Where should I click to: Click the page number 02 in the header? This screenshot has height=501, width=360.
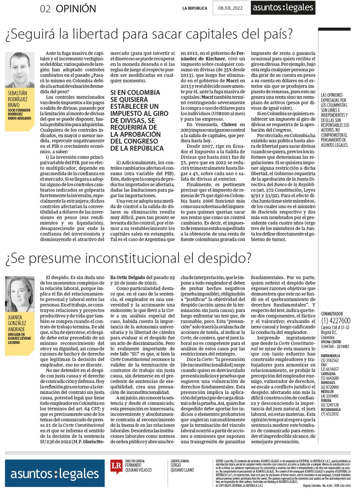[x=45, y=9]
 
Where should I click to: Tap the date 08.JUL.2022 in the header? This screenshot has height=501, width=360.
[x=230, y=8]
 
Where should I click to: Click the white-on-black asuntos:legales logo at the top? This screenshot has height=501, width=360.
[x=283, y=7]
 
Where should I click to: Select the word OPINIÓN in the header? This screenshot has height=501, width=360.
[x=76, y=9]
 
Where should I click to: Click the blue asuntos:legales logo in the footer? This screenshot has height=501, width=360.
[x=55, y=473]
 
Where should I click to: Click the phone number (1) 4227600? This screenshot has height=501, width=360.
[x=335, y=321]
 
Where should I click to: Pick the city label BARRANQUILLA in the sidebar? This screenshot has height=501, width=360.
[x=330, y=356]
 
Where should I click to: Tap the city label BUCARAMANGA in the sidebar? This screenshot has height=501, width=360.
[x=331, y=409]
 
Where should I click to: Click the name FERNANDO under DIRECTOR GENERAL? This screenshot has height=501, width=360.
[x=133, y=465]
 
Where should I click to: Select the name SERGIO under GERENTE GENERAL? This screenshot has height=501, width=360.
[x=176, y=465]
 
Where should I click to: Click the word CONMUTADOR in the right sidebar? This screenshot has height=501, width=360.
[x=332, y=314]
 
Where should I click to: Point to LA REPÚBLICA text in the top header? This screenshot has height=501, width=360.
[x=195, y=8]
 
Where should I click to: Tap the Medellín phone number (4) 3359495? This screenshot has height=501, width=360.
[x=330, y=396]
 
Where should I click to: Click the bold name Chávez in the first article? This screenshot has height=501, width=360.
[x=229, y=124]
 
